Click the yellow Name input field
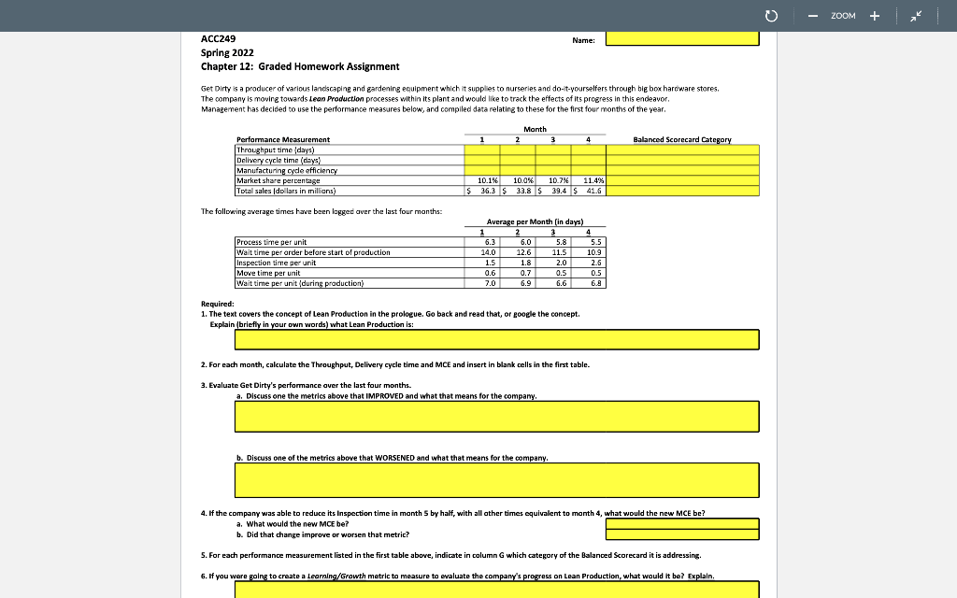pyautogui.click(x=682, y=38)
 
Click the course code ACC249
pyautogui.click(x=218, y=38)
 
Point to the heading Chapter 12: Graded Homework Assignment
pyautogui.click(x=300, y=66)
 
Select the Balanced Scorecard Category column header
pyautogui.click(x=682, y=139)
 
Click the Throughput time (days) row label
pyautogui.click(x=276, y=149)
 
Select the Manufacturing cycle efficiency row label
pyautogui.click(x=287, y=170)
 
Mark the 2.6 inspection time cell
pyautogui.click(x=593, y=263)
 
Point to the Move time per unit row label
pyautogui.click(x=268, y=273)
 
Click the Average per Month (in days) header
pyautogui.click(x=536, y=221)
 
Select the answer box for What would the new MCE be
pyautogui.click(x=682, y=523)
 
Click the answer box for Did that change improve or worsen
pyautogui.click(x=682, y=535)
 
